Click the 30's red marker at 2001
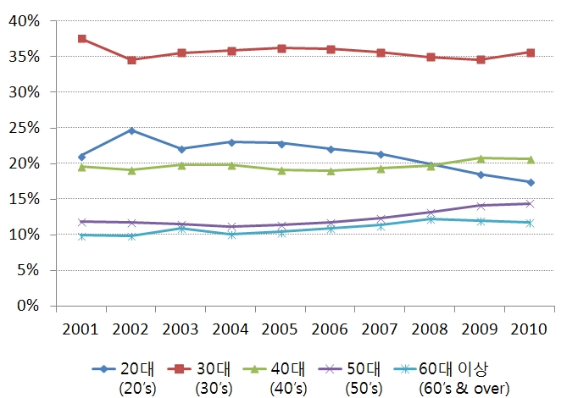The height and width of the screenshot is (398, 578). [81, 39]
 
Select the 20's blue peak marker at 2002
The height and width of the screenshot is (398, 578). [131, 130]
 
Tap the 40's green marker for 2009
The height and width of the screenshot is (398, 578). [481, 158]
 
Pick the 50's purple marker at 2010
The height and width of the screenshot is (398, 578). [531, 203]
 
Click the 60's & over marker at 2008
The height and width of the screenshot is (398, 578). [431, 219]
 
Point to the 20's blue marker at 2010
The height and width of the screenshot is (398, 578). [531, 182]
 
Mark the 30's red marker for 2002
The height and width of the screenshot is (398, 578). [131, 60]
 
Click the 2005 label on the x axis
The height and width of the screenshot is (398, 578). [281, 329]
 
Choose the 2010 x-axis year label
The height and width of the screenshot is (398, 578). [531, 329]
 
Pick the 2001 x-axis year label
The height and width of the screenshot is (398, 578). [81, 329]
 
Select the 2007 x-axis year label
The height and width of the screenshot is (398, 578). [381, 329]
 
